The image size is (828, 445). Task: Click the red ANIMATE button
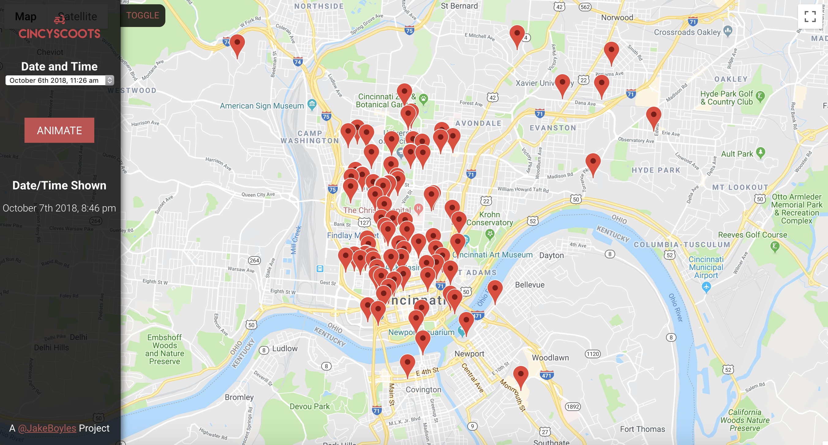tap(59, 130)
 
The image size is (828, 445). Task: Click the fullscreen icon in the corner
tap(810, 17)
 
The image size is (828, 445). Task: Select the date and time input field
tap(55, 80)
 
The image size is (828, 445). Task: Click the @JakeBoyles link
tap(47, 428)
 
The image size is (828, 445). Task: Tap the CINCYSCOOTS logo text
tap(59, 34)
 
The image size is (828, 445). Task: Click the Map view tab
tap(26, 17)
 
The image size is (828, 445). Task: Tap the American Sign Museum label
tap(262, 106)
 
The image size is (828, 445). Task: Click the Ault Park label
tap(737, 154)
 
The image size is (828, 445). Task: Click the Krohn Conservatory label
tap(490, 219)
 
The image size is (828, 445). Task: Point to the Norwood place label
tap(617, 18)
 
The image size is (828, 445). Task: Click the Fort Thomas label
tap(642, 429)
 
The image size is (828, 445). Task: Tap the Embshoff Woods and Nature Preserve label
tap(164, 349)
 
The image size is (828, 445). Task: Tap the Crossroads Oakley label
tap(687, 32)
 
